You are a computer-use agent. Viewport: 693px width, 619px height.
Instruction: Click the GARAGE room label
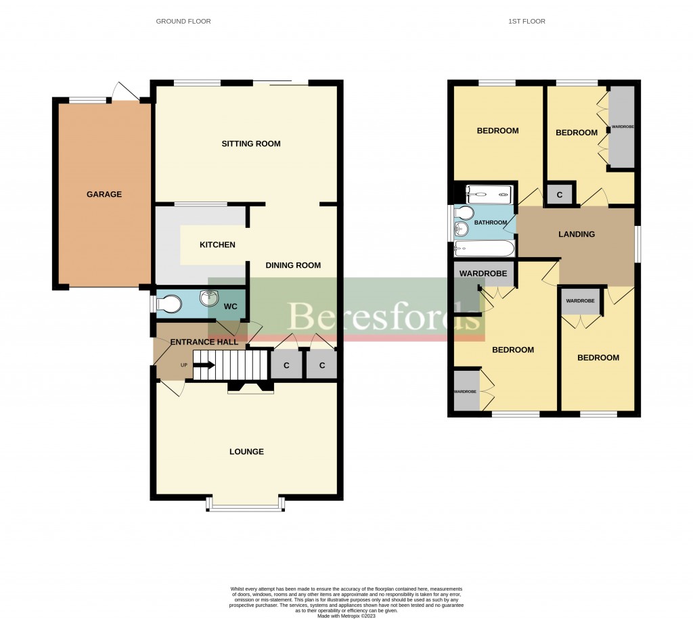click(x=104, y=194)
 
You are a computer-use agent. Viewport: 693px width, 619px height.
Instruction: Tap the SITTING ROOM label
click(x=251, y=143)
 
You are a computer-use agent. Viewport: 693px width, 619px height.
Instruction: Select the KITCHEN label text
click(x=217, y=244)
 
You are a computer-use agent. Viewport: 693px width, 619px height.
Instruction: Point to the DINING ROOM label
click(x=293, y=265)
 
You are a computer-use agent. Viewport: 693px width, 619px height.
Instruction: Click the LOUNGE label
click(x=246, y=451)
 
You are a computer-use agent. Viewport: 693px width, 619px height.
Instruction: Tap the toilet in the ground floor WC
click(x=169, y=304)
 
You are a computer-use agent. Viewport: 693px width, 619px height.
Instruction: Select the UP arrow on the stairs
click(x=206, y=366)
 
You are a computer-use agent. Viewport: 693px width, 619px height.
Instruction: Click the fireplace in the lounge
click(x=250, y=387)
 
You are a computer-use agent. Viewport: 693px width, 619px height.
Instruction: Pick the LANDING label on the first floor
click(x=577, y=234)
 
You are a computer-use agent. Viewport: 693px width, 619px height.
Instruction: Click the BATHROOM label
click(x=490, y=223)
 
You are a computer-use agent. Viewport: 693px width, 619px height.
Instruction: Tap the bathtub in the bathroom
click(x=484, y=249)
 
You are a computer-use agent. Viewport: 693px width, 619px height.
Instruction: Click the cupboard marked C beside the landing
click(x=560, y=195)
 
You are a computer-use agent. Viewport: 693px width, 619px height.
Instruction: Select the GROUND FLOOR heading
click(x=183, y=22)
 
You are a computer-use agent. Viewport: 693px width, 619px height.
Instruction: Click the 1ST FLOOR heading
click(x=527, y=22)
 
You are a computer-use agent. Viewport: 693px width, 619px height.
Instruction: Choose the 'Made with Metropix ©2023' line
click(x=346, y=616)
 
